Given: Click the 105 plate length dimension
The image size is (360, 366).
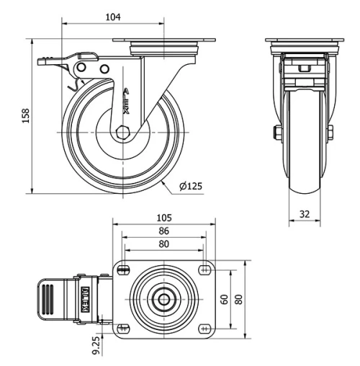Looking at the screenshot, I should [x=165, y=218].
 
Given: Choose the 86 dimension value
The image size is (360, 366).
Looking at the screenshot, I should [x=163, y=231].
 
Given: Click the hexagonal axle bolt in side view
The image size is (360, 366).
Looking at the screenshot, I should [x=123, y=132].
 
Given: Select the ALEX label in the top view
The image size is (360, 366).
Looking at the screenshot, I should [x=85, y=298].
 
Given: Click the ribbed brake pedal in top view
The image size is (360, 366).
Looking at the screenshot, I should [x=46, y=298].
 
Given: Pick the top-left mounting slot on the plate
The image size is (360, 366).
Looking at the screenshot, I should [x=124, y=270].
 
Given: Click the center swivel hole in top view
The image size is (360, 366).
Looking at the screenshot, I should [x=165, y=298].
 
